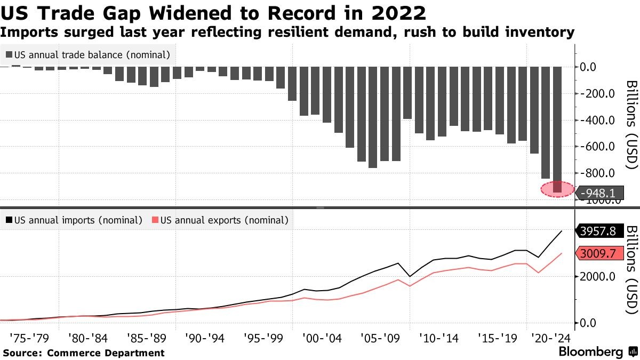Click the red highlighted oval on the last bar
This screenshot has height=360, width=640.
557,189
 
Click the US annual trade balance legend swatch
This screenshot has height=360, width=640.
9,54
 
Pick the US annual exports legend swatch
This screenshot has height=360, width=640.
155,220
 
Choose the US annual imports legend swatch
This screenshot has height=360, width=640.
9,220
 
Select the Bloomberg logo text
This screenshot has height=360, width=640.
590,352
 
